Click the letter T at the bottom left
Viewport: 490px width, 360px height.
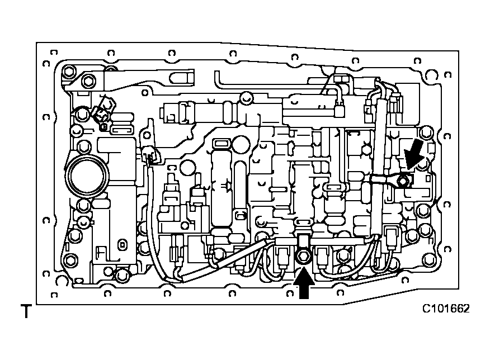26,311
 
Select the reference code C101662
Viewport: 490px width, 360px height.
446,309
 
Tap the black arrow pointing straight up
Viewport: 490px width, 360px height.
304,284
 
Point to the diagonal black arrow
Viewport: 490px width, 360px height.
414,154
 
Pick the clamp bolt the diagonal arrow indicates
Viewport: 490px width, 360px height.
403,180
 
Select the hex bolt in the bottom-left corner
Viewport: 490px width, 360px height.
70,260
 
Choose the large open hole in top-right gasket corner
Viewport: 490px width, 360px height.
431,76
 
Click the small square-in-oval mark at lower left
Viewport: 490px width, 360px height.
123,244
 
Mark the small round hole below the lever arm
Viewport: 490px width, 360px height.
145,93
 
